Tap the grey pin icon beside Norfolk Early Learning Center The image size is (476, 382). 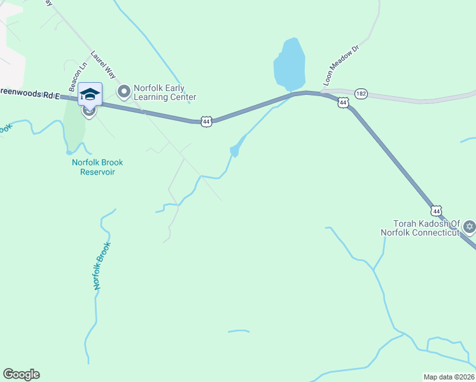click(123, 92)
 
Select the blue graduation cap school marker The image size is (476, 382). click(90, 95)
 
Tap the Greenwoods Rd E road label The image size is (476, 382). click(29, 94)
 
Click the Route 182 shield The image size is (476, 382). click(361, 93)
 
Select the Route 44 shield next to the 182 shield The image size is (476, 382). click(343, 103)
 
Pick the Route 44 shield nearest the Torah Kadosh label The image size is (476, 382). click(436, 210)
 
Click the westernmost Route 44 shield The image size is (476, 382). click(206, 121)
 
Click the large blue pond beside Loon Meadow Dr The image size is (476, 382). click(290, 65)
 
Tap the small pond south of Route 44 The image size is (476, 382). click(235, 150)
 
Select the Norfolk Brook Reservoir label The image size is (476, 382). click(97, 167)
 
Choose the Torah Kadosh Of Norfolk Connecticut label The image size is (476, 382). click(426, 228)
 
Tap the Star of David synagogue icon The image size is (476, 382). click(470, 226)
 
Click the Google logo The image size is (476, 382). click(21, 374)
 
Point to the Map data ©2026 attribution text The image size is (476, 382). click(449, 376)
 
